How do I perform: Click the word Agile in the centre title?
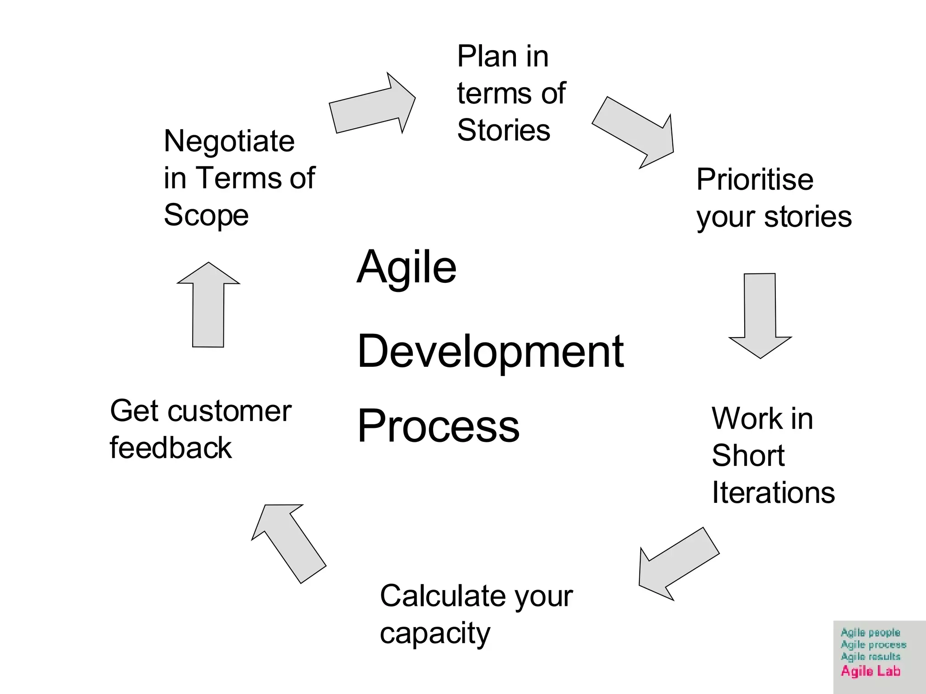pos(406,267)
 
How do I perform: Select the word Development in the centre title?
pos(490,352)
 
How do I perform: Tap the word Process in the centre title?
pos(438,426)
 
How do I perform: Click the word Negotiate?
pos(229,141)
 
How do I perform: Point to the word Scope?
pos(206,215)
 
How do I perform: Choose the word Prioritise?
pos(755,180)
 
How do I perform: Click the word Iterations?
pos(773,492)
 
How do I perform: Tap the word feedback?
pos(170,448)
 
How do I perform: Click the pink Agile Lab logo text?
pos(870,671)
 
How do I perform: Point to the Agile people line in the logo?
pos(870,633)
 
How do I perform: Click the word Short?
pos(748,455)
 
